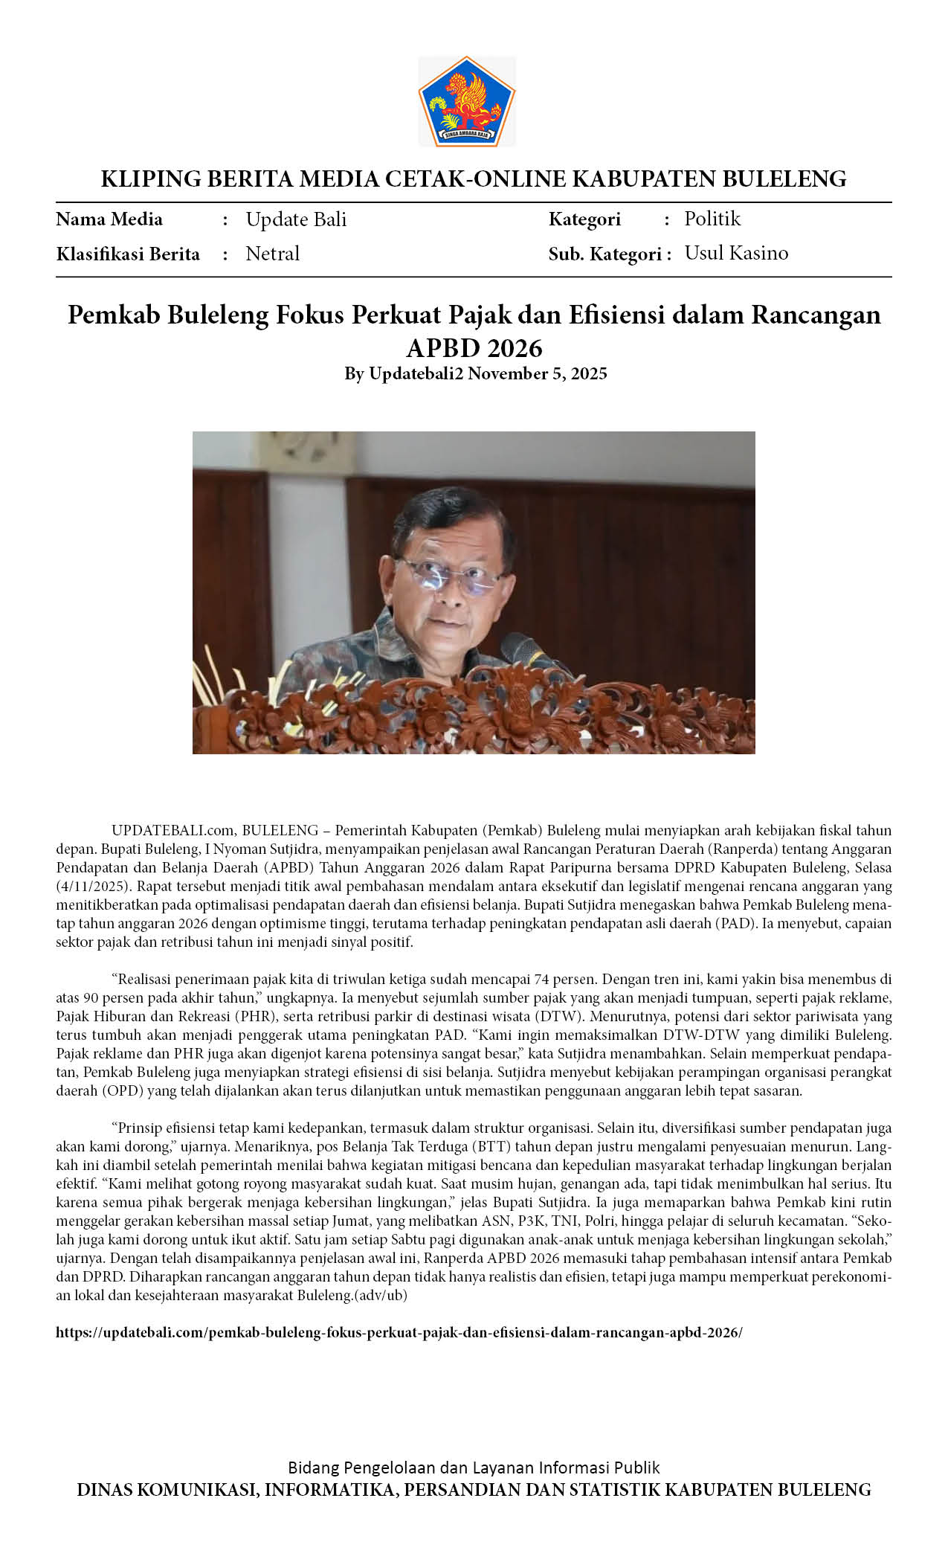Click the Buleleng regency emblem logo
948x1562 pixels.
click(466, 101)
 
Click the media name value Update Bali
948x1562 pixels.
click(296, 219)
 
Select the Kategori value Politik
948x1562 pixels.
click(712, 219)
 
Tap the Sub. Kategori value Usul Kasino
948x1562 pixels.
click(736, 253)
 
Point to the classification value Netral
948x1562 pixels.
click(272, 254)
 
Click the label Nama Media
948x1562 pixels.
click(109, 219)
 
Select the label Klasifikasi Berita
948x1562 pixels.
click(128, 254)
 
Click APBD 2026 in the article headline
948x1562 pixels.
click(474, 347)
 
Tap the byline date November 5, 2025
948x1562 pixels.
click(537, 373)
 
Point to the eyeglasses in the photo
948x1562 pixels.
click(450, 576)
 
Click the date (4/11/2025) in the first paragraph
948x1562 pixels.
click(94, 886)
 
